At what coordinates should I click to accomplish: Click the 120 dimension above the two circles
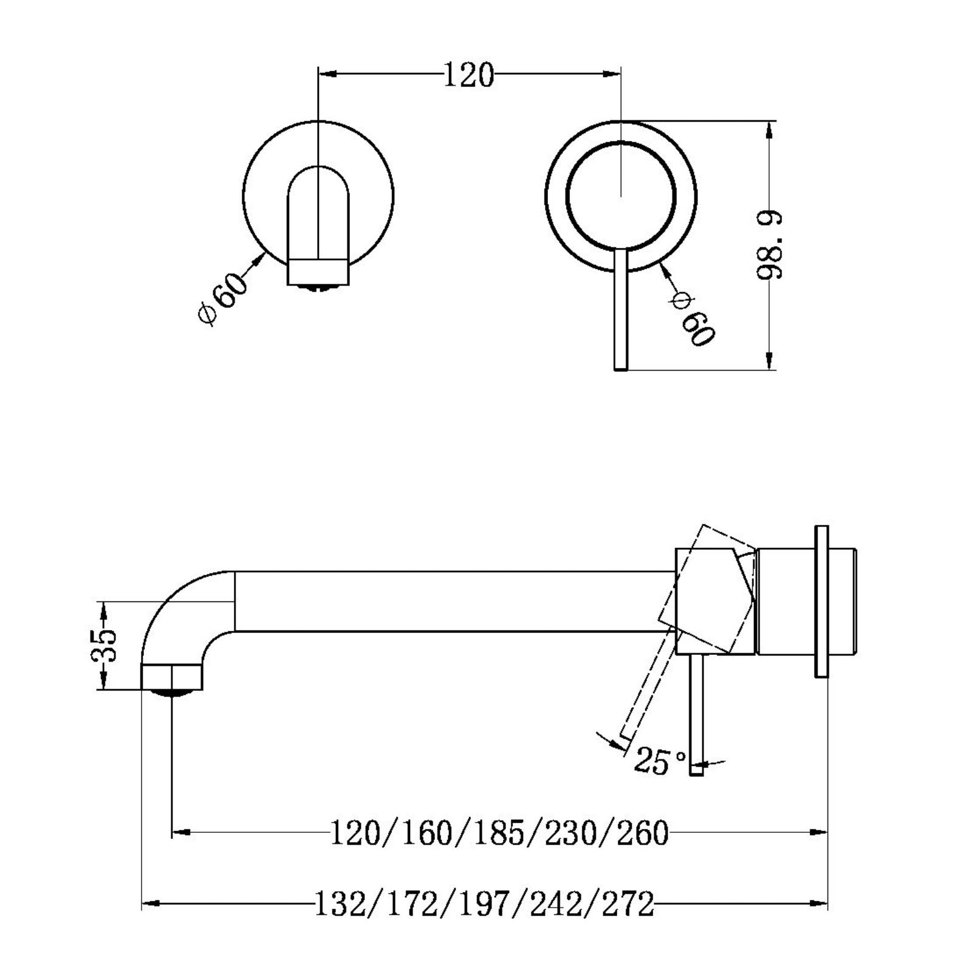[x=468, y=75]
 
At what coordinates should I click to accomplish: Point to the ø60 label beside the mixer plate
[x=692, y=319]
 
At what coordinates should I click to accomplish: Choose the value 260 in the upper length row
[x=643, y=833]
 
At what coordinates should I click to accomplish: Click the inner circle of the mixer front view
[x=620, y=196]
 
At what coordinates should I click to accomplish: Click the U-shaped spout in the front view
[x=318, y=219]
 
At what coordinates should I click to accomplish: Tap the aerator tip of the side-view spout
[x=172, y=678]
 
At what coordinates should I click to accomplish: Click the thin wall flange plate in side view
[x=821, y=601]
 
